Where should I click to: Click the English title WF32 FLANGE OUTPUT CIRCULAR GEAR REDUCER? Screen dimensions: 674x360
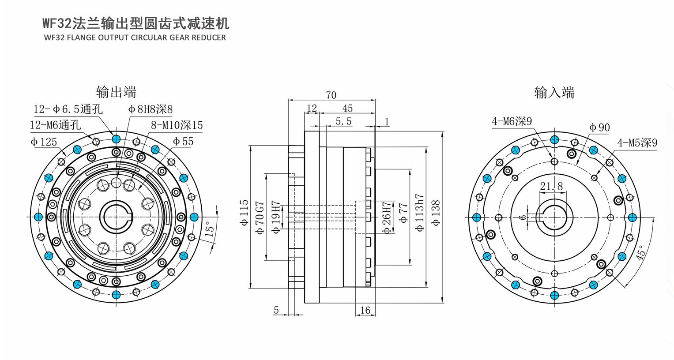135,37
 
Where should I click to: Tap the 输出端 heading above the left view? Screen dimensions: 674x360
116,92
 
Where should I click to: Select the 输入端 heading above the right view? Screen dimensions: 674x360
554,92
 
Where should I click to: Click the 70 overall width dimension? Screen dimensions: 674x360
331,95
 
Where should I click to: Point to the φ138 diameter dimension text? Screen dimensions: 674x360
436,213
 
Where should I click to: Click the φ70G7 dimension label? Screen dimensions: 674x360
260,217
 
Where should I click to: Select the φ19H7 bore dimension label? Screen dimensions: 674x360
275,217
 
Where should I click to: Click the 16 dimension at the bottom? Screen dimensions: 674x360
365,310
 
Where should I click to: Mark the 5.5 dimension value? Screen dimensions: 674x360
343,121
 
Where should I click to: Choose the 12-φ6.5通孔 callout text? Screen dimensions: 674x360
68,109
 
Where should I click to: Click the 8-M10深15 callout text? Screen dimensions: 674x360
177,125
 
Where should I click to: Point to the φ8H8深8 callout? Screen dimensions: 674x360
151,109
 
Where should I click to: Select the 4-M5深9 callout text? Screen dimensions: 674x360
637,142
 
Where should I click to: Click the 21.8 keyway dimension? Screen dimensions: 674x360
551,187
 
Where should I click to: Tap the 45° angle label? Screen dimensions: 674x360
641,252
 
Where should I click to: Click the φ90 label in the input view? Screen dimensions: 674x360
599,127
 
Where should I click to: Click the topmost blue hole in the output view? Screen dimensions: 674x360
116,139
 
